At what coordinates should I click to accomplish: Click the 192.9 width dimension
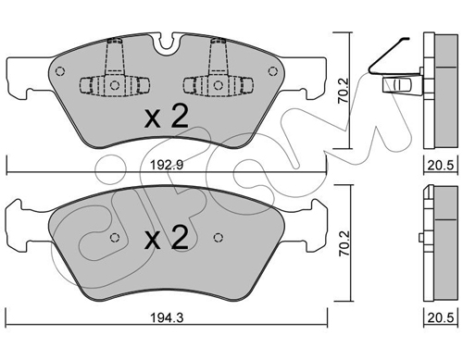click(167, 165)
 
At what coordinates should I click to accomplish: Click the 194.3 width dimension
click(167, 317)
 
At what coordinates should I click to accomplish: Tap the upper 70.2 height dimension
click(343, 91)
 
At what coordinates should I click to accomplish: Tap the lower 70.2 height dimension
click(344, 243)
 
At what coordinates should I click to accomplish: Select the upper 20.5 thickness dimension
click(441, 166)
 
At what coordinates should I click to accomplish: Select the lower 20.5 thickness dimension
click(441, 317)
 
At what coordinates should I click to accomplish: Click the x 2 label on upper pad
click(167, 118)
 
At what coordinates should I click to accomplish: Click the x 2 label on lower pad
click(167, 238)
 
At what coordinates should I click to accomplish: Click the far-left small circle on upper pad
click(60, 71)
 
